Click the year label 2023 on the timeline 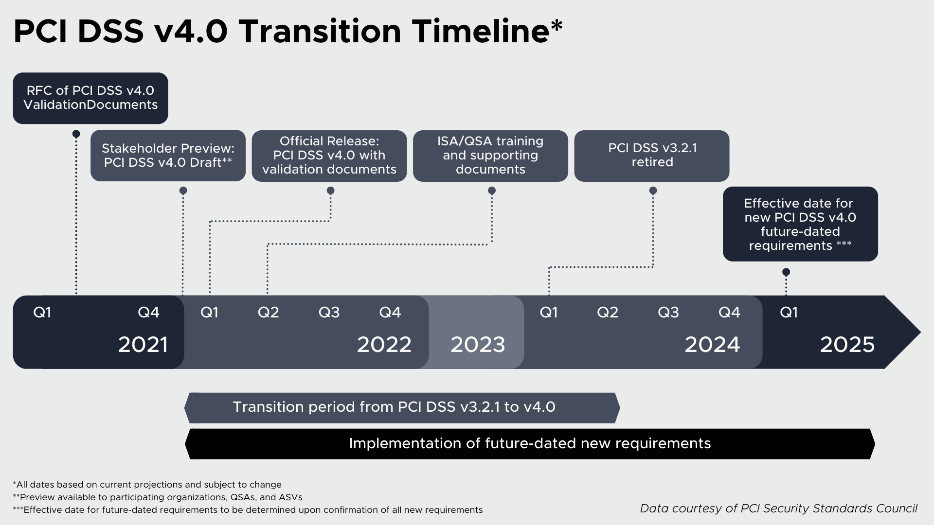[x=478, y=345]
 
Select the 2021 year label [x=143, y=345]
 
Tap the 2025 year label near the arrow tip [x=847, y=345]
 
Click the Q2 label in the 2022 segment [x=269, y=312]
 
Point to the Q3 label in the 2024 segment [x=668, y=312]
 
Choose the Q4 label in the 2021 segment [x=148, y=312]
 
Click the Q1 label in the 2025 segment [x=789, y=312]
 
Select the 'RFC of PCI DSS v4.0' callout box [x=90, y=98]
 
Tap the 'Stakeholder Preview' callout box [x=168, y=156]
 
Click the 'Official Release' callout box [x=329, y=156]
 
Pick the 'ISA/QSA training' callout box [x=490, y=156]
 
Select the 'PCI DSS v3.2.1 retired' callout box [x=652, y=156]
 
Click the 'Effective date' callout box [x=800, y=224]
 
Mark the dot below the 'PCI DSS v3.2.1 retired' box [x=653, y=191]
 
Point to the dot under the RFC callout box [x=76, y=134]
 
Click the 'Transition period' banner [x=402, y=408]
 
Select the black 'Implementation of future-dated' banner [x=530, y=444]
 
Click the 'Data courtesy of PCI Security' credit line [x=778, y=508]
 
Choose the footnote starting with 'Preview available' [x=158, y=497]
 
